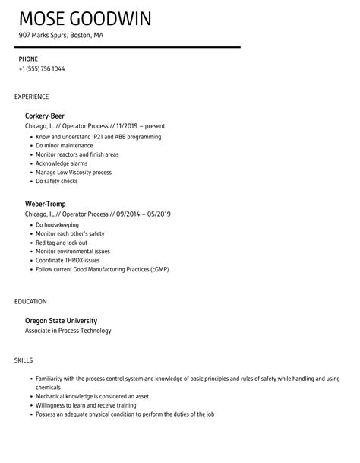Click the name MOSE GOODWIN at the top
click(x=85, y=18)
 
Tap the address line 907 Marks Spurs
click(x=62, y=36)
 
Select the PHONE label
click(x=28, y=59)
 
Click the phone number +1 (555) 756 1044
click(x=42, y=69)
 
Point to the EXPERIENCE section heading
click(x=32, y=97)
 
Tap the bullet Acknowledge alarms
click(x=62, y=163)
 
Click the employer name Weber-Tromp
click(x=46, y=204)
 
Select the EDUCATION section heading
click(x=30, y=301)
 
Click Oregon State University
click(x=62, y=320)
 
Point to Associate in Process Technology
click(x=68, y=331)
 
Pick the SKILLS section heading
click(x=24, y=360)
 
